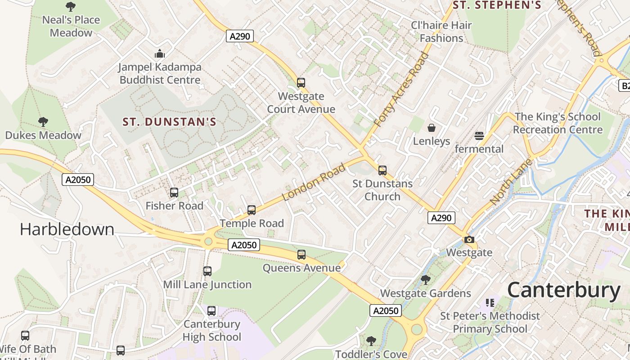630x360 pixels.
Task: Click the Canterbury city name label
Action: coord(563,291)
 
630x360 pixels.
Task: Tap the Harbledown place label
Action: coord(67,229)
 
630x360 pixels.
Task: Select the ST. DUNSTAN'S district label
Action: coord(170,122)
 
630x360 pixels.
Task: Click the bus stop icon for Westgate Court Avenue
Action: coord(301,83)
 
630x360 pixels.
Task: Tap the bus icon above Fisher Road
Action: coord(174,193)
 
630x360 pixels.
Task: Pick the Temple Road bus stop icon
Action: coord(252,210)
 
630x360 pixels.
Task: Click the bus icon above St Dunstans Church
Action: coord(382,171)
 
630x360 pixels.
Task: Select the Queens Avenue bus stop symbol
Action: coord(301,255)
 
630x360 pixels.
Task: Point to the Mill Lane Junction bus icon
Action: coord(207,271)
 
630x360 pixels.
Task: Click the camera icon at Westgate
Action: coord(469,239)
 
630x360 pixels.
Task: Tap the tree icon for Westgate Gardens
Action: coord(425,280)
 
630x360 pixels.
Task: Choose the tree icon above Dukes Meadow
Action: coord(43,122)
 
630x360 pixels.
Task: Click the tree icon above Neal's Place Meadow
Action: coord(71,7)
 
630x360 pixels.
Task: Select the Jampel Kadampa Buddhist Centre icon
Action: coord(160,54)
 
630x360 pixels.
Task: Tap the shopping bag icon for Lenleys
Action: coord(432,128)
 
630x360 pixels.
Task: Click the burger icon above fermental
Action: coord(479,135)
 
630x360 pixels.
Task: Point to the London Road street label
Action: coord(314,182)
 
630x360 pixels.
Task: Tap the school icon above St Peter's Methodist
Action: coord(490,302)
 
